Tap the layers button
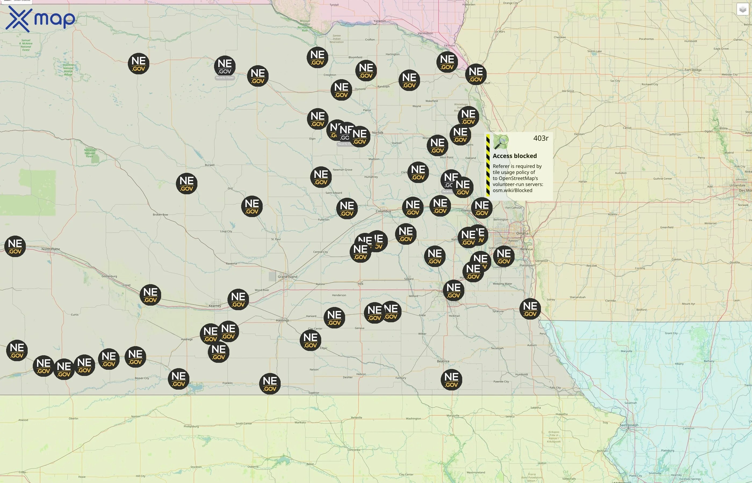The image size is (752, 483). [x=742, y=9]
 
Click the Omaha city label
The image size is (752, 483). [x=522, y=233]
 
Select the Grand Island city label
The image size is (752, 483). [x=287, y=277]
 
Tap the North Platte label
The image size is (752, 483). [x=50, y=249]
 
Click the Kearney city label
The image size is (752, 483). [x=215, y=306]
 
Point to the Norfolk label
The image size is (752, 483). [x=378, y=133]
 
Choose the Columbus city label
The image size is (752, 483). [x=383, y=211]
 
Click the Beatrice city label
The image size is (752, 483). [x=443, y=361]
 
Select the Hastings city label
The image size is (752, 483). [x=282, y=320]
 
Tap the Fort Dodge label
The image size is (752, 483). [x=693, y=70]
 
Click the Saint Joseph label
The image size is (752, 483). [x=629, y=425]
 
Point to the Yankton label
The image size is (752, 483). [x=379, y=21]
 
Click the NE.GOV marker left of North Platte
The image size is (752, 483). [x=15, y=247]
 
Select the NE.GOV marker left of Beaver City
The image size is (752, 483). [x=135, y=357]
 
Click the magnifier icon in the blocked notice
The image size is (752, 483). [x=501, y=142]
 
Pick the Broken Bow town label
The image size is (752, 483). [x=160, y=214]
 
